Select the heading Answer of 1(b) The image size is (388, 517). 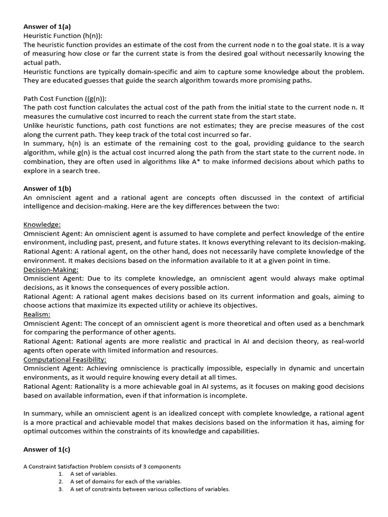click(47, 188)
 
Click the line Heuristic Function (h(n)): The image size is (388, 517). click(63, 35)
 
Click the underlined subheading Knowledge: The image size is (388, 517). click(42, 224)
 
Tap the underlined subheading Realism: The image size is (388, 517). click(37, 314)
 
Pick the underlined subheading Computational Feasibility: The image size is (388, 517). click(65, 359)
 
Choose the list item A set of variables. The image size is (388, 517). click(93, 474)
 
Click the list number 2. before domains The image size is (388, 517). click(61, 481)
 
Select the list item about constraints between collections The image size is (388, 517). click(150, 489)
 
